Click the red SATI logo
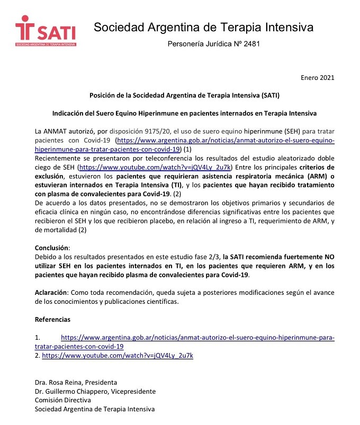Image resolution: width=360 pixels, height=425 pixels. coord(46,31)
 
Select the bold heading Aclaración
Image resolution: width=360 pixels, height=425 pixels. coord(51,293)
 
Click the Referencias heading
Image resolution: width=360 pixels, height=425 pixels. coord(52,320)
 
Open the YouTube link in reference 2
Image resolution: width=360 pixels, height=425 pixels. coord(118,356)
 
